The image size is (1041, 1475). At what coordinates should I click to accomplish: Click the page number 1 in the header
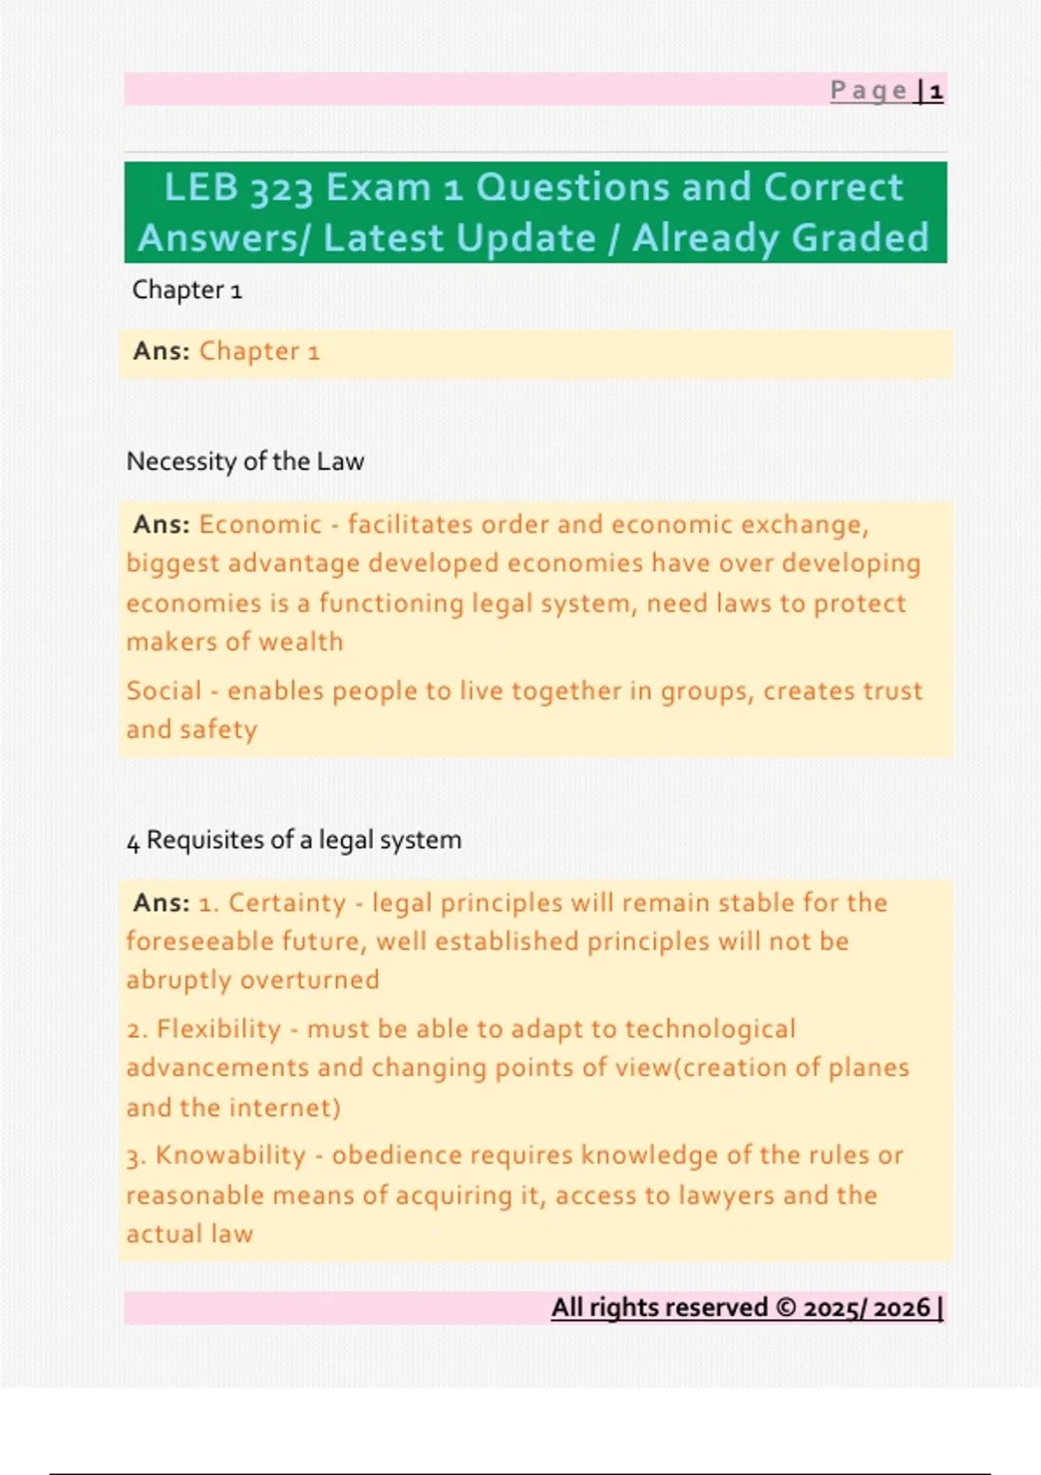936,91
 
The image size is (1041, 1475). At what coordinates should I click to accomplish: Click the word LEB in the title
201,187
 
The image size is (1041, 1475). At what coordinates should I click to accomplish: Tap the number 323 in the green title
282,189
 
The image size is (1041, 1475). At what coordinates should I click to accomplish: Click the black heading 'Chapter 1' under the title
187,290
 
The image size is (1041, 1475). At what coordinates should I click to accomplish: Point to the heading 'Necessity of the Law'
246,461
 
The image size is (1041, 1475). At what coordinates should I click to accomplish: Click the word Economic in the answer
260,524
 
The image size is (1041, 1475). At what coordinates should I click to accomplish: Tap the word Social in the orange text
164,691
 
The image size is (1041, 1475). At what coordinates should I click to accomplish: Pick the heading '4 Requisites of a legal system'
294,840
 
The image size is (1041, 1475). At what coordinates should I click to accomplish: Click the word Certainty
287,902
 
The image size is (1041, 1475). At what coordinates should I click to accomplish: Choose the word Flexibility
219,1029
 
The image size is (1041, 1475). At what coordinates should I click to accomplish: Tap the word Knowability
231,1155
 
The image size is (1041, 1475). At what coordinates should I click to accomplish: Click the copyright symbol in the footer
786,1308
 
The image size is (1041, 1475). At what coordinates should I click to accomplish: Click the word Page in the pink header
869,91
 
